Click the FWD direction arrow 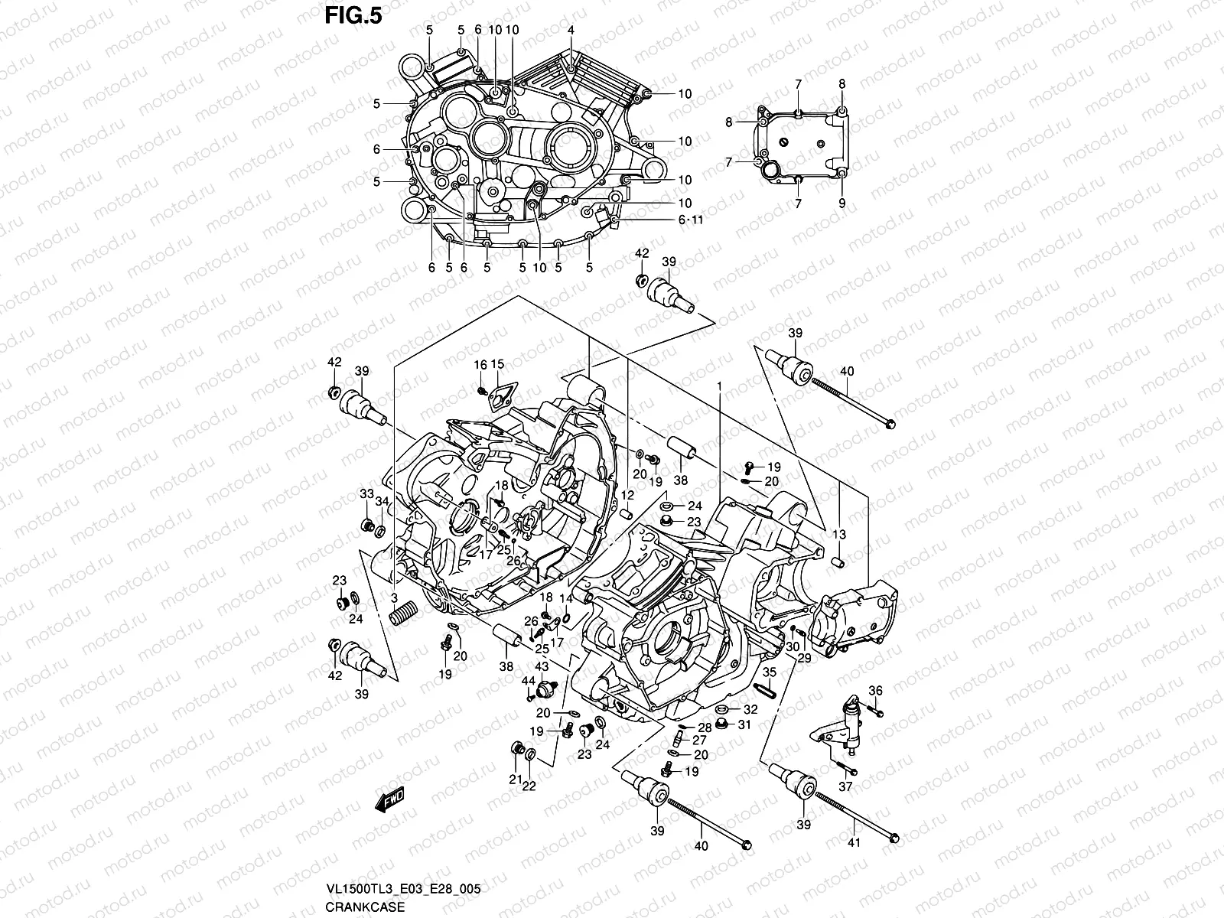[x=389, y=801]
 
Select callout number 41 [x=854, y=843]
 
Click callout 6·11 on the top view [x=690, y=220]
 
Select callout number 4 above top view [x=571, y=30]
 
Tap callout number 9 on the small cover [x=841, y=203]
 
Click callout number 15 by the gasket [x=498, y=364]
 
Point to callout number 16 [x=480, y=365]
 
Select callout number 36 [x=876, y=691]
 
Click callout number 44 [x=528, y=681]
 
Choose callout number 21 [x=516, y=780]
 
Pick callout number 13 [x=839, y=534]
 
